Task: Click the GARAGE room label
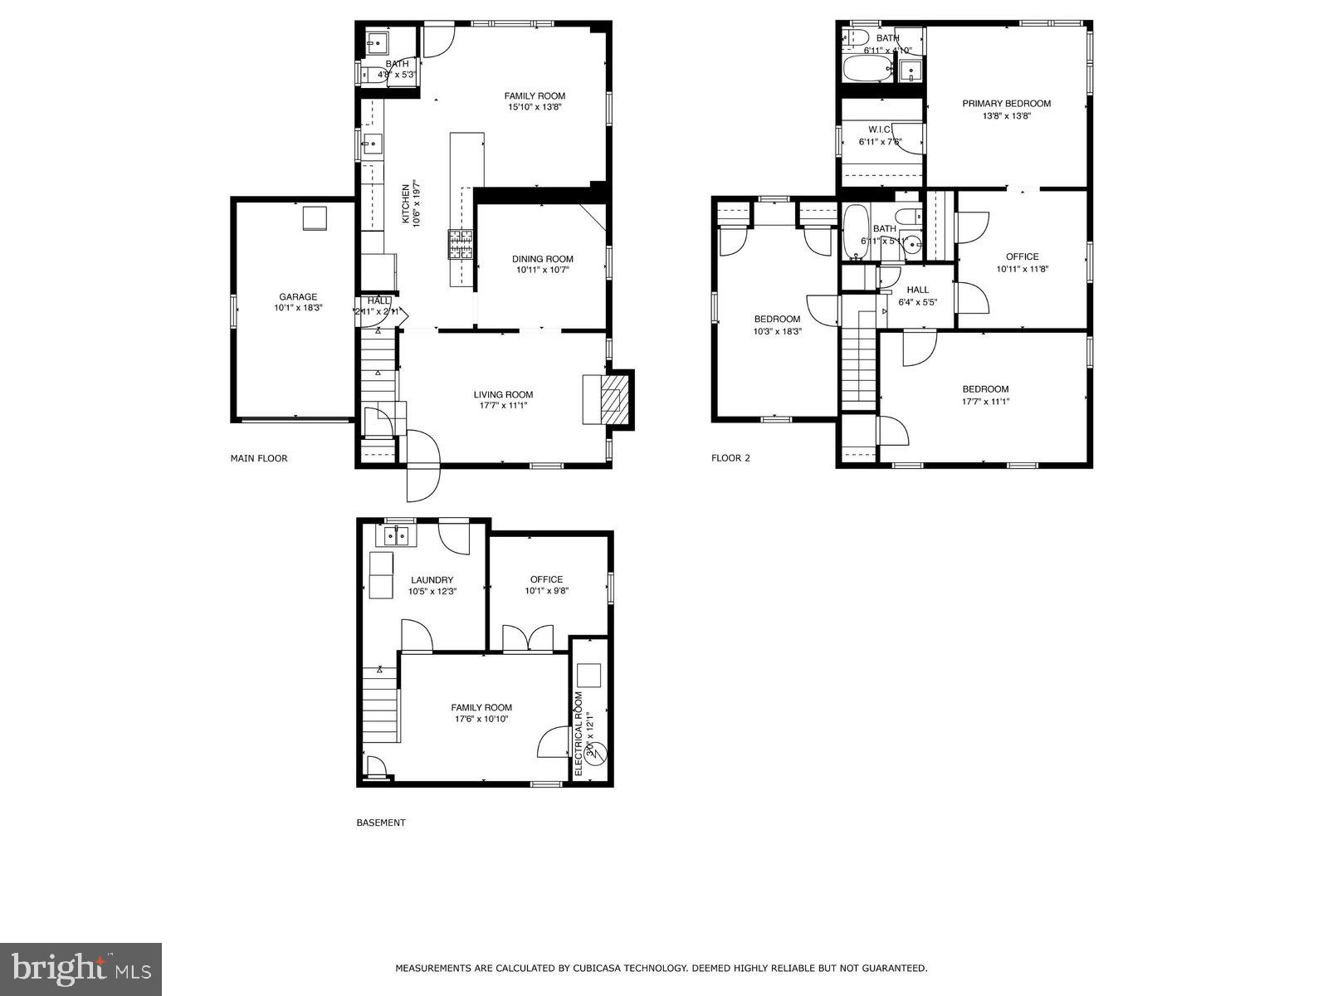[x=298, y=296]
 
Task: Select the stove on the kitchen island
[x=461, y=244]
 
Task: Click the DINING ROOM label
[x=542, y=259]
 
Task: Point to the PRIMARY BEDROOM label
[x=1006, y=104]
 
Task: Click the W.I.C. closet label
[x=880, y=129]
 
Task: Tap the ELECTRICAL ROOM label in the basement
[x=579, y=733]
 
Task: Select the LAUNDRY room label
[x=432, y=580]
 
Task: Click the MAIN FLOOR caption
[x=259, y=458]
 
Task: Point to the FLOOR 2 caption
[x=730, y=458]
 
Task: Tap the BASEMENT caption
[x=381, y=823]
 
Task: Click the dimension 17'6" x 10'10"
[x=481, y=720]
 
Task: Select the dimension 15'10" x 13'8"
[x=535, y=107]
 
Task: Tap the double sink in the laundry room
[x=396, y=536]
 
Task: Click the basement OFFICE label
[x=546, y=579]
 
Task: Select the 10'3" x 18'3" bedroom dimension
[x=777, y=331]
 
